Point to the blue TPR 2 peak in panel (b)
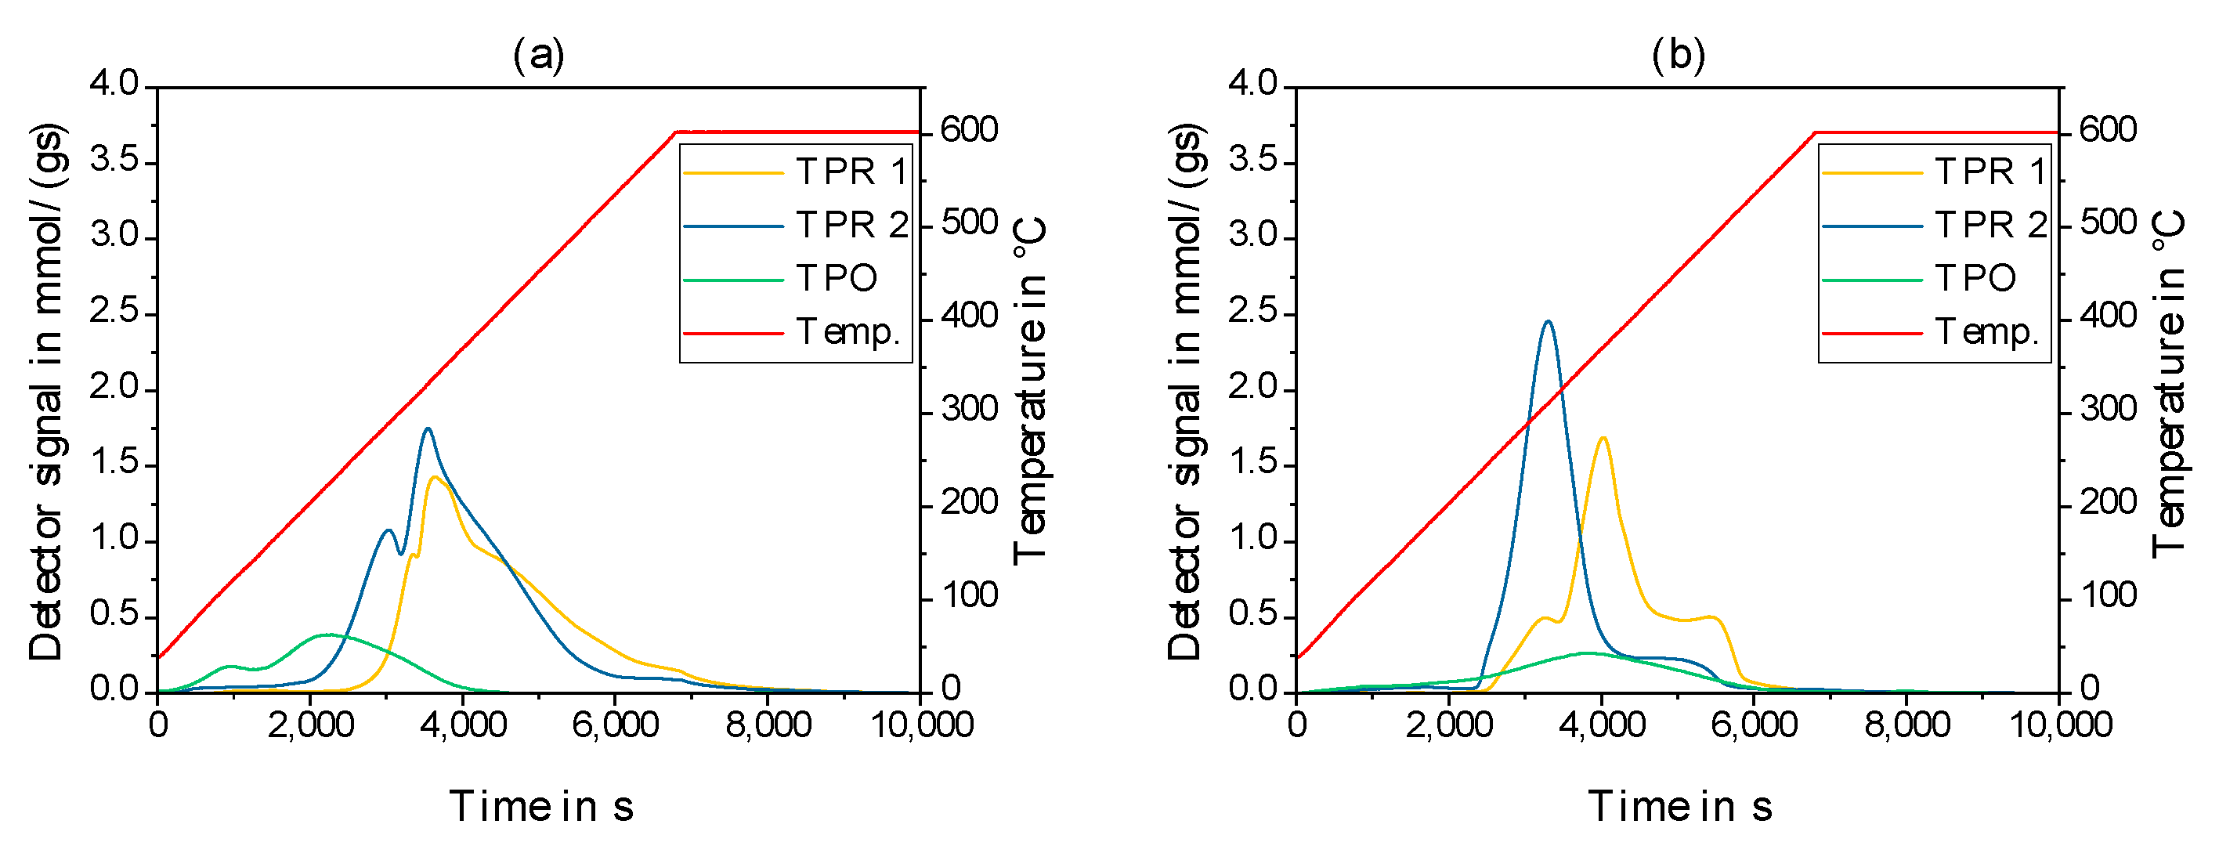[1548, 322]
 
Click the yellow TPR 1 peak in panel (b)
[1603, 439]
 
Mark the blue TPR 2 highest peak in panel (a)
[427, 429]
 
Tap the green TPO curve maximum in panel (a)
[327, 635]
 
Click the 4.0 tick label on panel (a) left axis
[114, 84]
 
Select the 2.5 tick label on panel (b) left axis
[1252, 312]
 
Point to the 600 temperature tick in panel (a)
[969, 130]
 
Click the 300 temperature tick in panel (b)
[2108, 408]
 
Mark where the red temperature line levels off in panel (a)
[677, 132]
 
